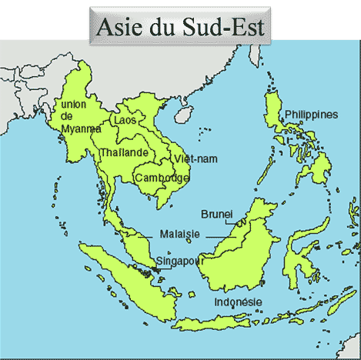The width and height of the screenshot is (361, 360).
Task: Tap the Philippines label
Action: (311, 115)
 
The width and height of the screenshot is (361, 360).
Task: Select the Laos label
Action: (124, 121)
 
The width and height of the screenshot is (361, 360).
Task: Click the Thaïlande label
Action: (124, 152)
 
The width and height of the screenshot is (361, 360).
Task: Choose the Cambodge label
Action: (162, 178)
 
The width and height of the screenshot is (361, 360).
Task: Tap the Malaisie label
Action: (180, 234)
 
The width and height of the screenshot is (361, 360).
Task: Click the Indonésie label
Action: (239, 302)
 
